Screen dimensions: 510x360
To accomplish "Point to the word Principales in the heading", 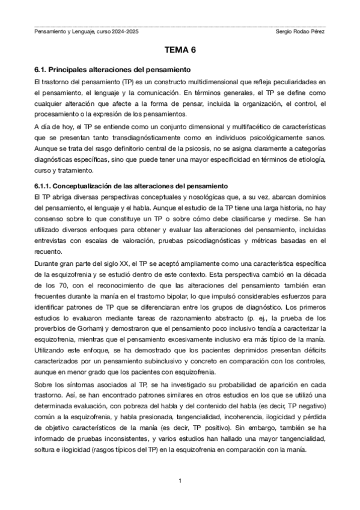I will (71, 70).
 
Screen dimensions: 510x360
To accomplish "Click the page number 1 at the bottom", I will (180, 481).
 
